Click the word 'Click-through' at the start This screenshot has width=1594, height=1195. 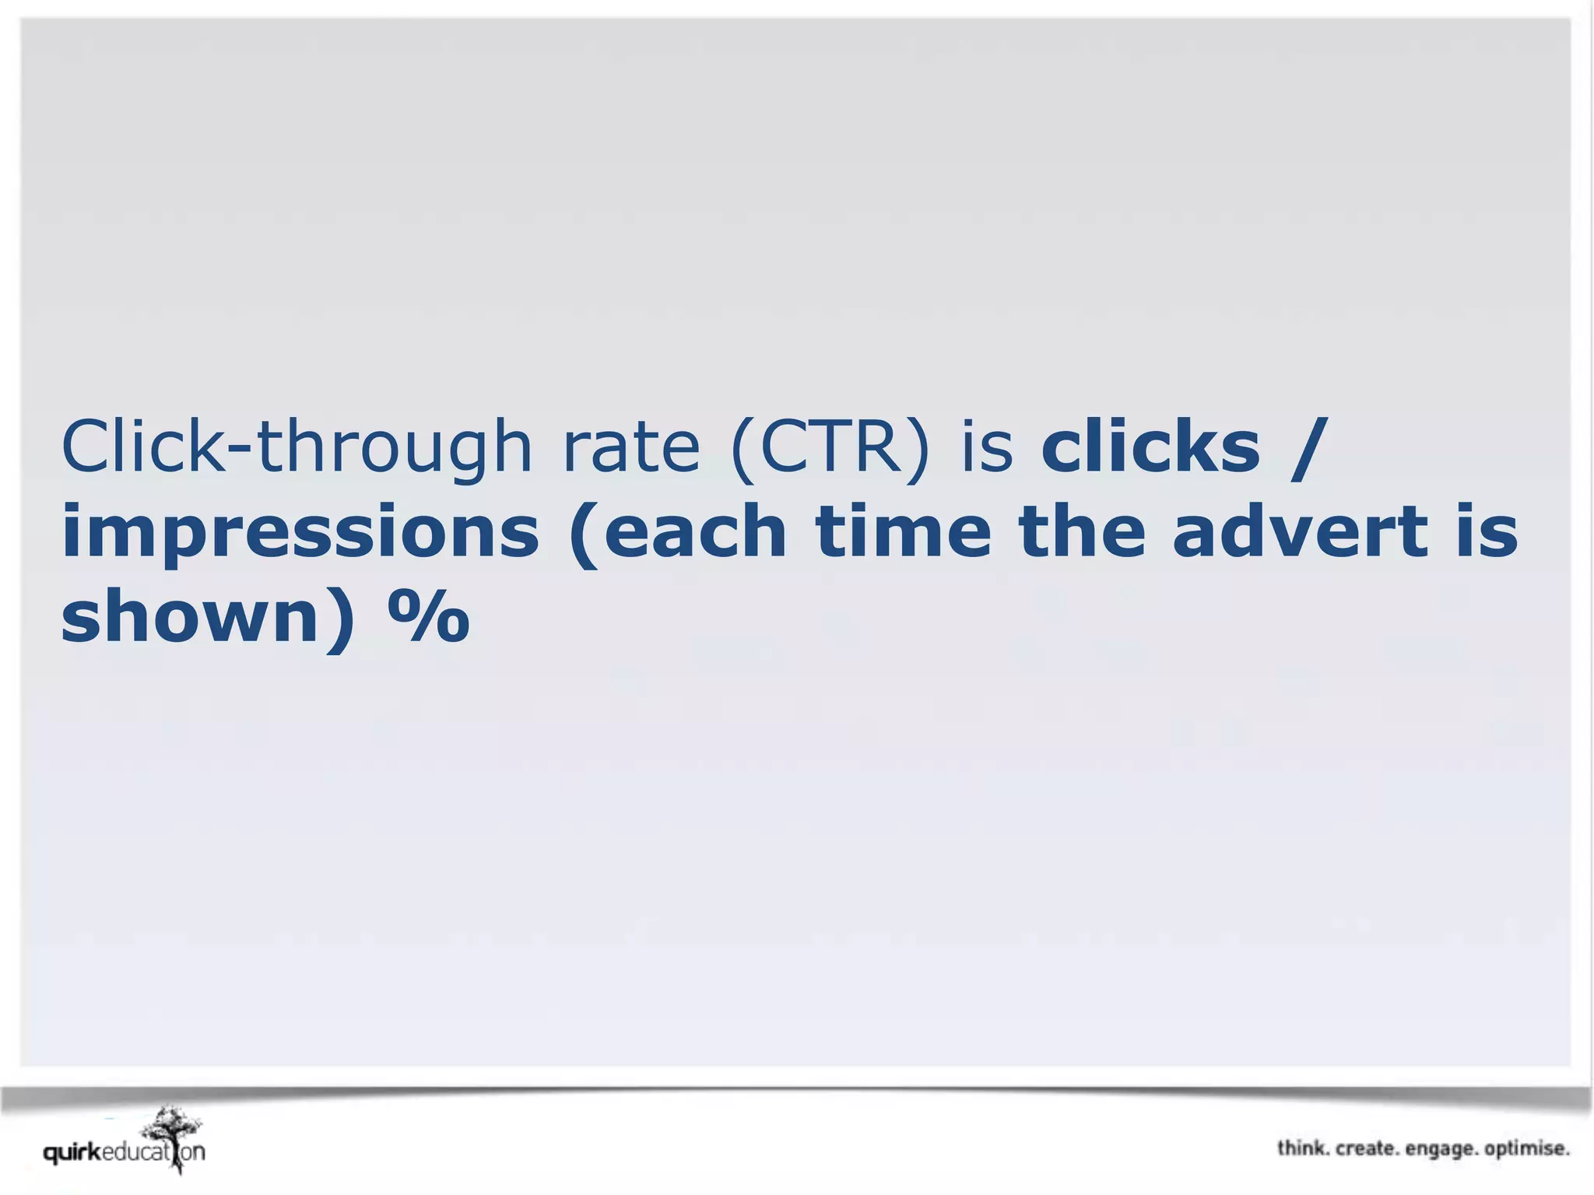click(296, 447)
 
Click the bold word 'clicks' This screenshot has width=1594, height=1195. click(1150, 447)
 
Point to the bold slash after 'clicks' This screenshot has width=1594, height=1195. click(1308, 447)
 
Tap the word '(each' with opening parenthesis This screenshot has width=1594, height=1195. click(678, 533)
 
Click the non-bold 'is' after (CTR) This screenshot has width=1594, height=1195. click(987, 447)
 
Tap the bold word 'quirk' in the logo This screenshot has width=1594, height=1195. click(72, 1152)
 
